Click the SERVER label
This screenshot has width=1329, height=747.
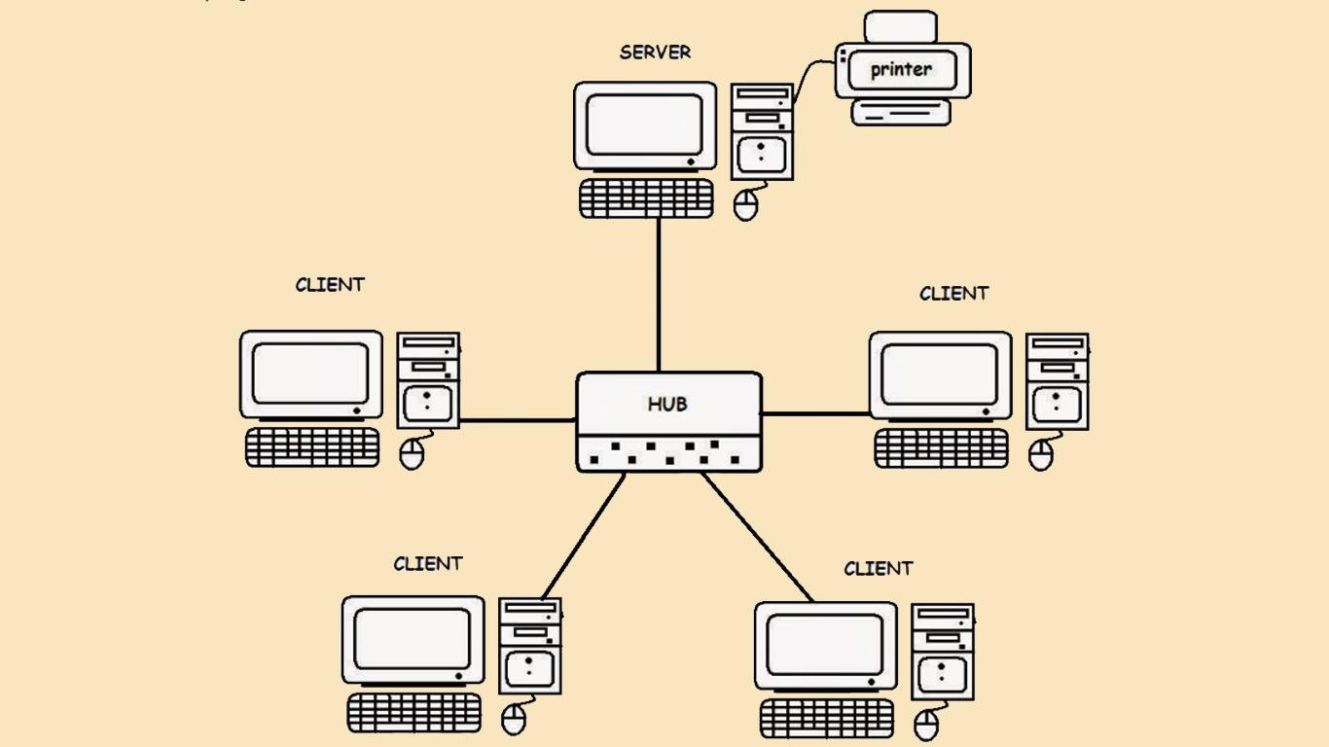[x=655, y=53]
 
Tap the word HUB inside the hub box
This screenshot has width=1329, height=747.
[x=667, y=404]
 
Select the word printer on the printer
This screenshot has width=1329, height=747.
[x=901, y=69]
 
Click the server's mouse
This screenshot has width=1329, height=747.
[x=746, y=205]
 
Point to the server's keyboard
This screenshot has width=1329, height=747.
[x=646, y=198]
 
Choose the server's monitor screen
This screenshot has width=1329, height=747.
[x=645, y=124]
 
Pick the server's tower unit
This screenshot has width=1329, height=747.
[x=762, y=132]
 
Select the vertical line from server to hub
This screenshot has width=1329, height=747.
[x=659, y=292]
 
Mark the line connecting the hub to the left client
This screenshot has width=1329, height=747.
[x=518, y=421]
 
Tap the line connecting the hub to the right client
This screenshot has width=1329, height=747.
[x=815, y=413]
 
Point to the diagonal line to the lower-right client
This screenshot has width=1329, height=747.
[x=757, y=536]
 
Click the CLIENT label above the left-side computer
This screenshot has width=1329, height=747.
[x=330, y=285]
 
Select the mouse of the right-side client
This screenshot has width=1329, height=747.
[x=1041, y=455]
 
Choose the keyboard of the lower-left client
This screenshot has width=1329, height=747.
[x=414, y=713]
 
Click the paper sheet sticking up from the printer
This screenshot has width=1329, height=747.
[x=901, y=26]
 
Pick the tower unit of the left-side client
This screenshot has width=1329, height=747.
[x=428, y=380]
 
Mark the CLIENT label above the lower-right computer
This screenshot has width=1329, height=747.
[x=878, y=568]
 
